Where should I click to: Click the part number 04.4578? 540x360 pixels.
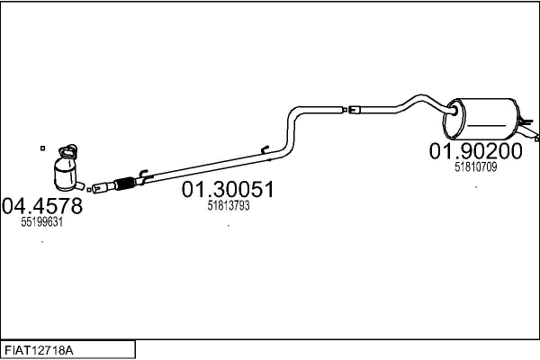[x=42, y=206]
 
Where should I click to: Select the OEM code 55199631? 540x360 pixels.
[x=42, y=222]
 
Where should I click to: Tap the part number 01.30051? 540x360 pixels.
[x=228, y=190]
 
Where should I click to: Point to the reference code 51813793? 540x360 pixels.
[x=229, y=206]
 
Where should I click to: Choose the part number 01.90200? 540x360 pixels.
[x=475, y=151]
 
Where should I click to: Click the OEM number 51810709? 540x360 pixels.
[x=475, y=167]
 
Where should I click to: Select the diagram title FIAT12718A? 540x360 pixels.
[x=39, y=351]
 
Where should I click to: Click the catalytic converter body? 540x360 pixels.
[x=66, y=175]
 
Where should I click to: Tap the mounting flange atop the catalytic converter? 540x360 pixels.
[x=67, y=151]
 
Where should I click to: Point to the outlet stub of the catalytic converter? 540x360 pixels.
[x=80, y=185]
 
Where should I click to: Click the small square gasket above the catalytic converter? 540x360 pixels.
[x=42, y=148]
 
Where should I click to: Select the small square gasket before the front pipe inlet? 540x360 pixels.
[x=89, y=190]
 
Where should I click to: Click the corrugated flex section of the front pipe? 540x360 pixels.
[x=124, y=184]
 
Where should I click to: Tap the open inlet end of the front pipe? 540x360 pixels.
[x=97, y=189]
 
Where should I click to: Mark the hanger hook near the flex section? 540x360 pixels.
[x=142, y=173]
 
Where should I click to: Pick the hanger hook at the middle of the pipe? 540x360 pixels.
[x=265, y=149]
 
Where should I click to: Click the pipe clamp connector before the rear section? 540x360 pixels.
[x=354, y=110]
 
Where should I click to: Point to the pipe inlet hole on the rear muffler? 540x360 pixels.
[x=454, y=111]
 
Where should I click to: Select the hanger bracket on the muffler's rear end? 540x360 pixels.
[x=527, y=121]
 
